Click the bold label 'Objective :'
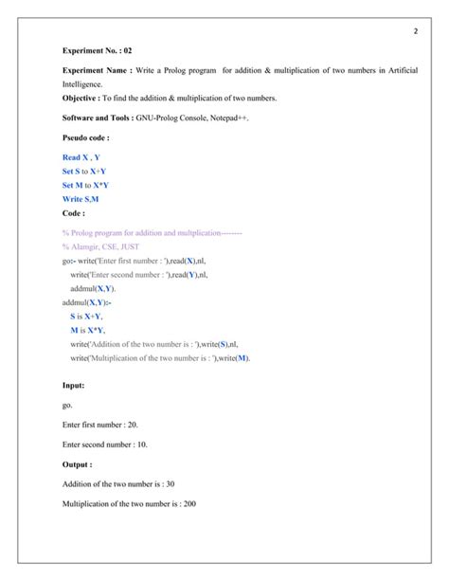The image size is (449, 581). (x=84, y=99)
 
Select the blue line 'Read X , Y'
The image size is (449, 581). (x=81, y=157)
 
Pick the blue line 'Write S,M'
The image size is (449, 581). (x=82, y=199)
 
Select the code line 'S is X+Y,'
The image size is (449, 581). (x=87, y=316)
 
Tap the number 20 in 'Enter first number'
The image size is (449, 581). (x=132, y=426)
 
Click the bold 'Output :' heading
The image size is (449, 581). (x=78, y=464)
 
